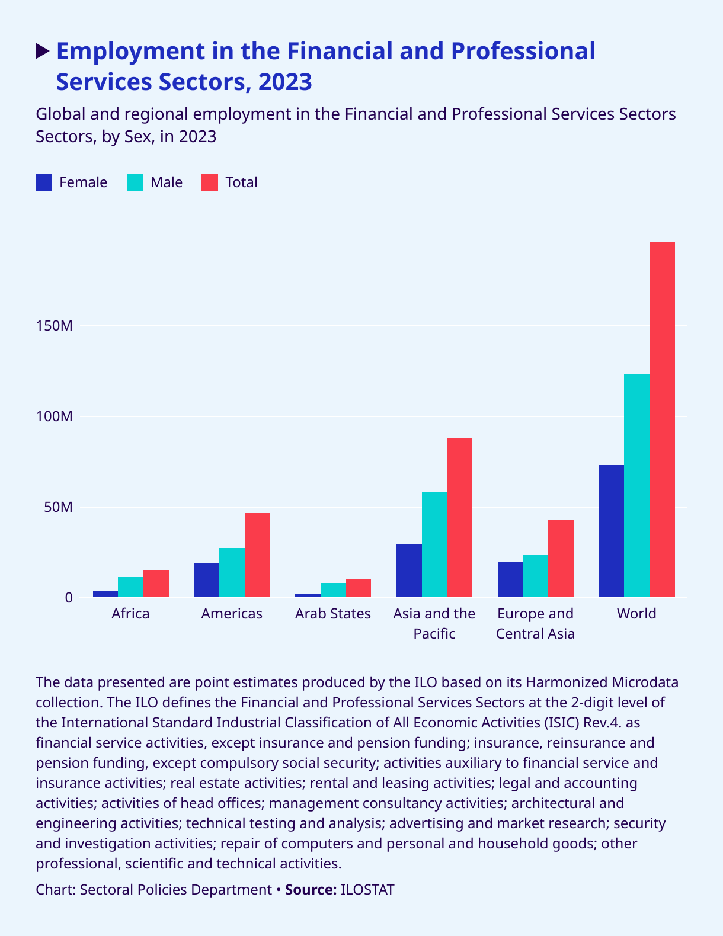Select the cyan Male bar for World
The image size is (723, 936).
636,486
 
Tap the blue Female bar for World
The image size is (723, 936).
611,531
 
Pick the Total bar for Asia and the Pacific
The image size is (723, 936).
459,518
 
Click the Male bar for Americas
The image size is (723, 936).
232,572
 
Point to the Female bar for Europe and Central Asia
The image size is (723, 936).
510,579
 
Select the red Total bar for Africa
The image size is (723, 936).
156,584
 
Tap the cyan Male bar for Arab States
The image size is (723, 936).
333,590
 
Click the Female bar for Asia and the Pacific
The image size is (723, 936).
409,570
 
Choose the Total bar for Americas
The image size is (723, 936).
257,555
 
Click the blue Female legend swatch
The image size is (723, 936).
44,182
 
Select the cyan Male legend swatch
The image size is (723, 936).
135,182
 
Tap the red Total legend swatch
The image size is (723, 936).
210,182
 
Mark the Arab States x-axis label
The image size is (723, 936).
333,614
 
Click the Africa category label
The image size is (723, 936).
130,614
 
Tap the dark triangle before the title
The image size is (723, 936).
43,52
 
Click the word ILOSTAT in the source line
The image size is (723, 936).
367,890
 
